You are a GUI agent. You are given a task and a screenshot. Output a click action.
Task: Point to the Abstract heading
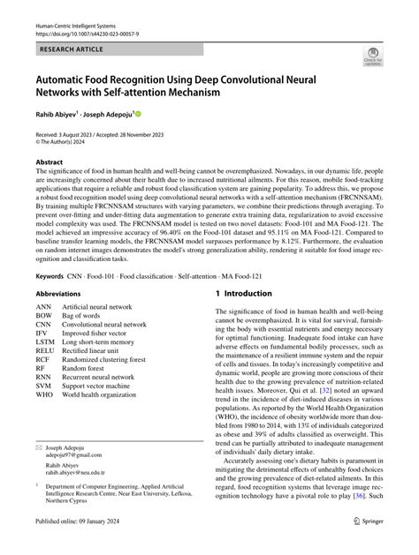pyautogui.click(x=50, y=163)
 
